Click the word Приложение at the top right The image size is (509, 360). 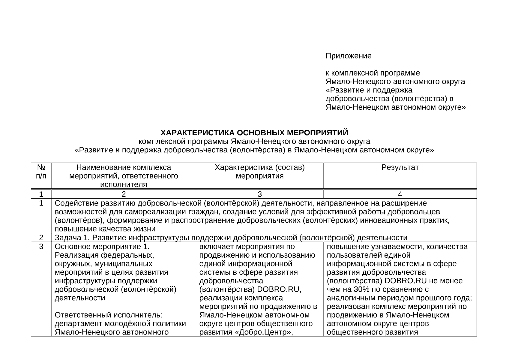point(349,56)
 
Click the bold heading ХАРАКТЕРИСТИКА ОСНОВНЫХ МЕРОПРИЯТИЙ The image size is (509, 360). point(254,133)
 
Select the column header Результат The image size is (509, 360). point(400,167)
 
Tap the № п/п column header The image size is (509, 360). point(41,172)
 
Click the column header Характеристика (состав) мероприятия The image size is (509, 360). point(259,172)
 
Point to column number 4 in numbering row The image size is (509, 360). point(400,194)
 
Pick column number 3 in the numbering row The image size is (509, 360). point(259,194)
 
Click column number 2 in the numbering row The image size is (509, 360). point(124,194)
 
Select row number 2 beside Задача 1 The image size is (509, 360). point(41,238)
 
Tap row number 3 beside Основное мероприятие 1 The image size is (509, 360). point(41,247)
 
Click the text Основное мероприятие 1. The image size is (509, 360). point(102,247)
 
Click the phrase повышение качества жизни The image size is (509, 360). point(105,229)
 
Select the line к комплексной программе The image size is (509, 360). point(373,73)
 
